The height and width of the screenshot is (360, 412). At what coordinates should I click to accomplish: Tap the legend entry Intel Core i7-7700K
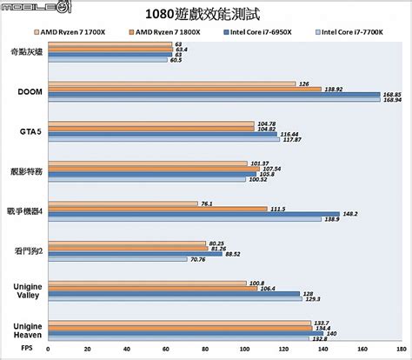pos(352,32)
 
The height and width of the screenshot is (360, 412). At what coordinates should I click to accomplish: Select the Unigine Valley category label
pos(27,289)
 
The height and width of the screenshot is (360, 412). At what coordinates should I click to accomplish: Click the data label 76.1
pos(206,203)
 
